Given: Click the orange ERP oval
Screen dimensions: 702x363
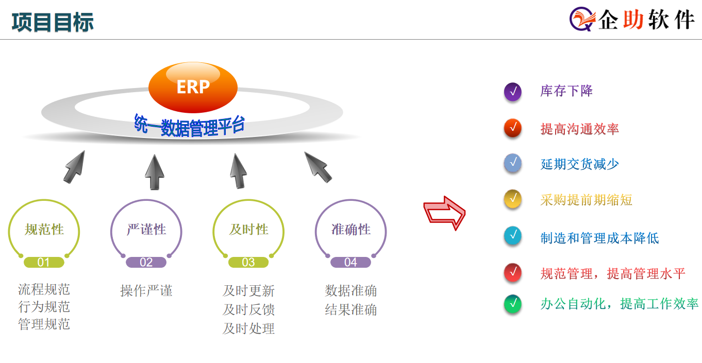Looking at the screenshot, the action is pyautogui.click(x=193, y=88).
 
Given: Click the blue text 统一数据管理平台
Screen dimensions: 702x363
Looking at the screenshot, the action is pyautogui.click(x=189, y=126).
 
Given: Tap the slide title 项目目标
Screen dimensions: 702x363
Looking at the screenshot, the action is pyautogui.click(x=53, y=22).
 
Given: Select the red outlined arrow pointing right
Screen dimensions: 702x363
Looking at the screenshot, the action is pyautogui.click(x=444, y=213).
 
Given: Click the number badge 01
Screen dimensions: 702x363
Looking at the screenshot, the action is pyautogui.click(x=44, y=262).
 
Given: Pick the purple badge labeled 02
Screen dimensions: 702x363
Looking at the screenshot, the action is pyautogui.click(x=146, y=262).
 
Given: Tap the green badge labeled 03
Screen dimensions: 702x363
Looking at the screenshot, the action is pyautogui.click(x=248, y=262).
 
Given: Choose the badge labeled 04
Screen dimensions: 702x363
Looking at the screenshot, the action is pyautogui.click(x=350, y=262).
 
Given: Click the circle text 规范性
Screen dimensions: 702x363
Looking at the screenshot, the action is pyautogui.click(x=44, y=230).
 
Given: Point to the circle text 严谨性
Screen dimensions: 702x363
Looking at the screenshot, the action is pyautogui.click(x=146, y=230).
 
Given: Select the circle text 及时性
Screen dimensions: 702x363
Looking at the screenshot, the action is pyautogui.click(x=249, y=230).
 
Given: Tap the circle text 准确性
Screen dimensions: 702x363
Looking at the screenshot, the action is pyautogui.click(x=351, y=230).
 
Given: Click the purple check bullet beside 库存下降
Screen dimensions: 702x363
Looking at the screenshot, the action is pyautogui.click(x=513, y=92).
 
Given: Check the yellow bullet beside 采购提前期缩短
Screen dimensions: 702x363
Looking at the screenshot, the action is pyautogui.click(x=513, y=199).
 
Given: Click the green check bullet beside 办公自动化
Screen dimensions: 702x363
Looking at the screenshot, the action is pyautogui.click(x=513, y=304).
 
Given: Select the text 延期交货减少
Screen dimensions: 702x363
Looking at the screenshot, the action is pyautogui.click(x=580, y=164).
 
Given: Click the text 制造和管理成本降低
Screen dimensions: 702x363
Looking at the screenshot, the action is pyautogui.click(x=599, y=238).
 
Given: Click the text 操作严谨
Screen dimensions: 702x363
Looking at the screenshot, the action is pyautogui.click(x=146, y=290).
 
